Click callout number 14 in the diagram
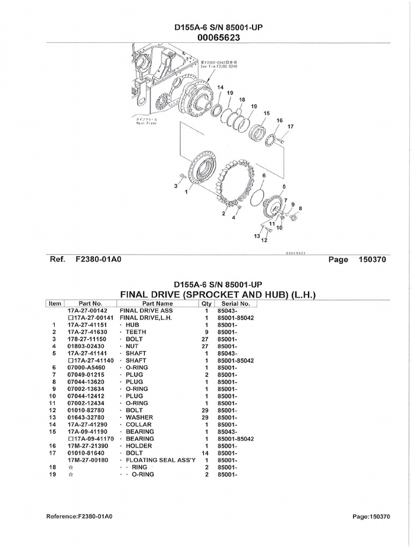(220, 87)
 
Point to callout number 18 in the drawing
(241, 100)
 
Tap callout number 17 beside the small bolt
(291, 127)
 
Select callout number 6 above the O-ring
(264, 175)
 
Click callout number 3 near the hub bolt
(175, 186)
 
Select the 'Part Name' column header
(155, 303)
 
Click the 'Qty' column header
(206, 303)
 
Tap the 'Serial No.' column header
(237, 303)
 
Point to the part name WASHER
(139, 417)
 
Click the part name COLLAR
(138, 424)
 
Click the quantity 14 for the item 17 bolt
(206, 452)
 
